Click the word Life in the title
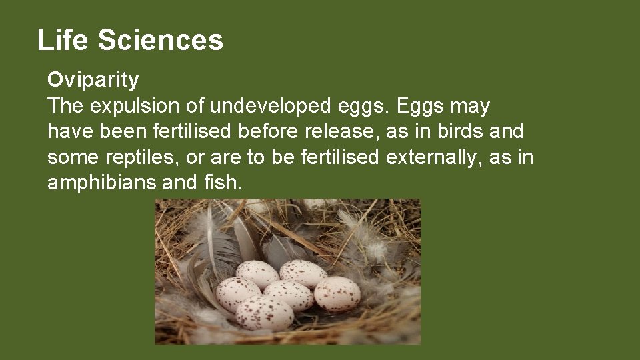tap(63, 40)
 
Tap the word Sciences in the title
tap(160, 40)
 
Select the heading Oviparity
tap(93, 81)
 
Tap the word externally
tap(427, 157)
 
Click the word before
tap(264, 131)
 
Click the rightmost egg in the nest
tap(337, 293)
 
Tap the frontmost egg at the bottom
tap(264, 313)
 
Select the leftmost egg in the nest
tap(238, 293)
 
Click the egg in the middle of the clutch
tap(288, 295)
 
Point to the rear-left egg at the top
tap(257, 274)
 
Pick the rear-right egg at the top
tap(303, 273)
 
